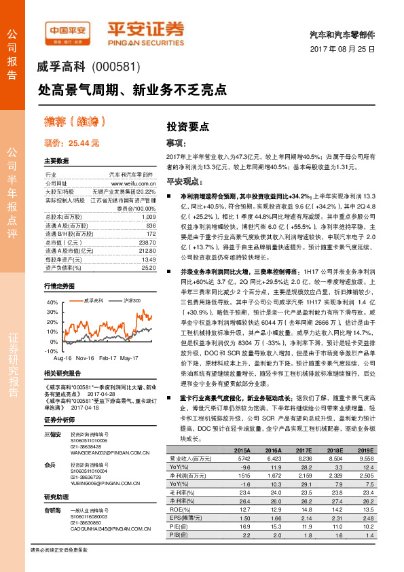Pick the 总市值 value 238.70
tap(146, 243)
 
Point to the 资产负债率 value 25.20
tap(147, 268)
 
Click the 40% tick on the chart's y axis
tap(51, 301)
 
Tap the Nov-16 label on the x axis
tap(85, 357)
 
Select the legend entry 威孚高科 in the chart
tap(93, 300)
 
